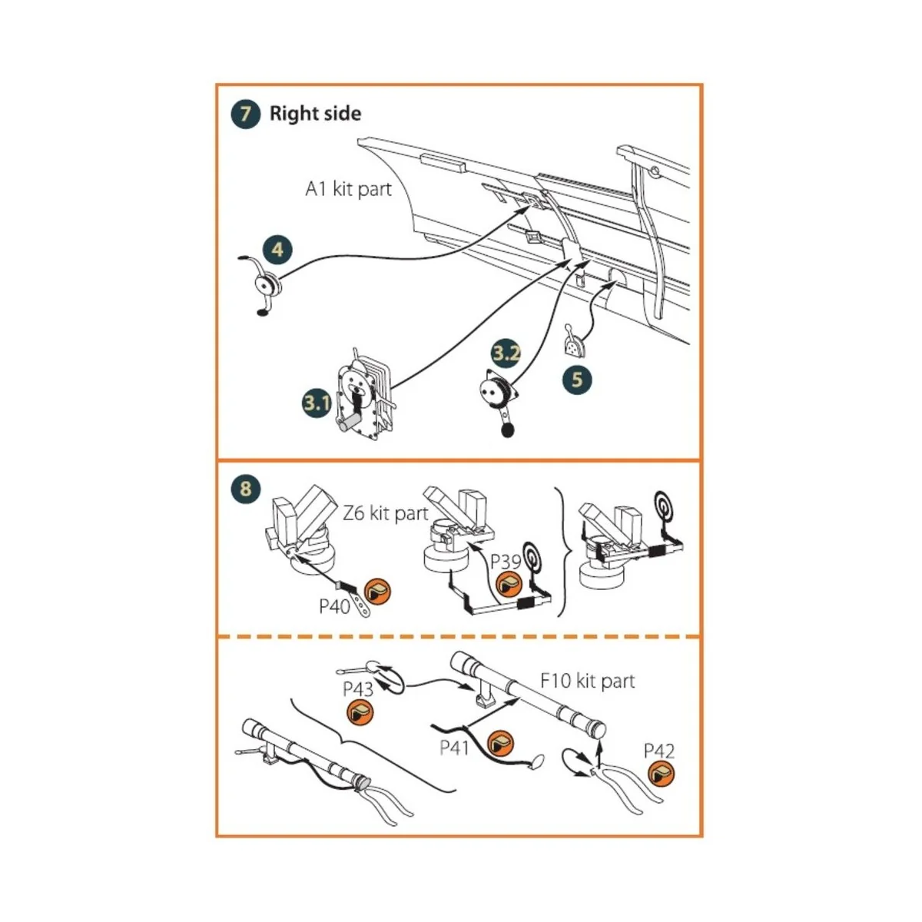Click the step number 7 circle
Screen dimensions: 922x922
[x=245, y=114]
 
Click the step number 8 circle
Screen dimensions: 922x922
[x=245, y=489]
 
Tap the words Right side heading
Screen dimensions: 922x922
[x=315, y=114]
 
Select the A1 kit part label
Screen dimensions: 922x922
[x=348, y=189]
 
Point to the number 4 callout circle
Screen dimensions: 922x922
[x=277, y=249]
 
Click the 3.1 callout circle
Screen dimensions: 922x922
[x=316, y=403]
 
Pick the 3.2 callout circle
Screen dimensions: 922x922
[x=506, y=353]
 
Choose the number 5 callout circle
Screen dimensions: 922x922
[x=577, y=379]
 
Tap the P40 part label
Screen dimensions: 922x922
[x=335, y=607]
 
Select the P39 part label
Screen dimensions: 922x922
[x=506, y=562]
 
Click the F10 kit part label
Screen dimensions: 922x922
[x=588, y=681]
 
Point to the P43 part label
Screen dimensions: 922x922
[x=358, y=689]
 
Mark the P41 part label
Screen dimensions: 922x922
[x=455, y=747]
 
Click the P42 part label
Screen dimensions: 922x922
[x=659, y=751]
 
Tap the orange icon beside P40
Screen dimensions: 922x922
[x=377, y=592]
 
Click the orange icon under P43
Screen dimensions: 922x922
[x=359, y=714]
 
